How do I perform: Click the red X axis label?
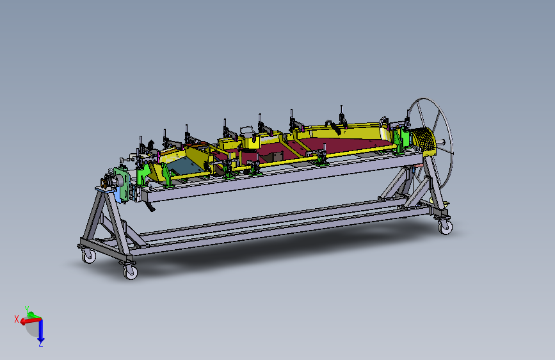(x=16, y=319)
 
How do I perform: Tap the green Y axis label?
(x=26, y=309)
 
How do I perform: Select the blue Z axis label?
(x=41, y=344)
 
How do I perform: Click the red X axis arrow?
(x=31, y=321)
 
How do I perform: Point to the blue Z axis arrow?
(x=41, y=331)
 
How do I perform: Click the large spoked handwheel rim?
(x=450, y=138)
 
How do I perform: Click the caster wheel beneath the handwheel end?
(x=446, y=227)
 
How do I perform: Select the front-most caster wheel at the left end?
(x=130, y=272)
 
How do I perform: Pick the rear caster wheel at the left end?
(x=88, y=256)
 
